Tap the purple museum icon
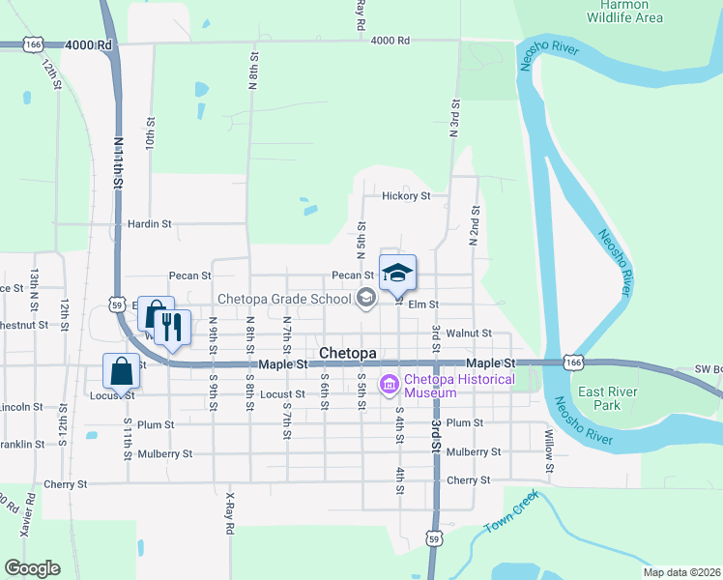pyautogui.click(x=390, y=386)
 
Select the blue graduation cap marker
pyautogui.click(x=397, y=275)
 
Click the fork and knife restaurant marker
pyautogui.click(x=172, y=329)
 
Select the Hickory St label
pyautogui.click(x=405, y=196)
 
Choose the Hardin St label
pyautogui.click(x=149, y=223)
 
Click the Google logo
pyautogui.click(x=32, y=568)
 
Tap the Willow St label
pyautogui.click(x=549, y=454)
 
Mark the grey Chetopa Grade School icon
pyautogui.click(x=365, y=298)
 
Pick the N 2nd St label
pyautogui.click(x=475, y=228)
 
